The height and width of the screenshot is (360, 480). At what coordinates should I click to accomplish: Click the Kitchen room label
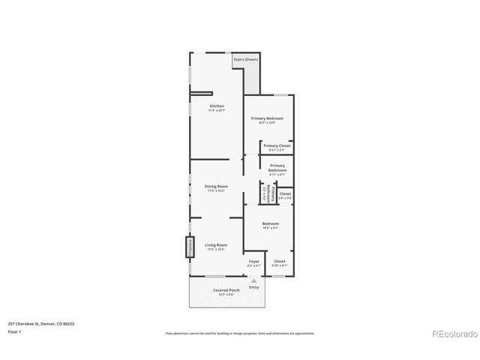[217, 106]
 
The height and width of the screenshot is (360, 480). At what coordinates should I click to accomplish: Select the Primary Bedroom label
[267, 118]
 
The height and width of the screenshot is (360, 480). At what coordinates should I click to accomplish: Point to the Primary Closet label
[276, 145]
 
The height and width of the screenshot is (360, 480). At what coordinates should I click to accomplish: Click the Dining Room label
[216, 186]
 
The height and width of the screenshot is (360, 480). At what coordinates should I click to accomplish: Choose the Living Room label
[216, 244]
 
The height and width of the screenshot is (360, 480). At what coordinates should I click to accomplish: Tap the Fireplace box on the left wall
[190, 247]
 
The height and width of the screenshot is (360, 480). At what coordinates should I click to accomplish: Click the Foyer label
[254, 261]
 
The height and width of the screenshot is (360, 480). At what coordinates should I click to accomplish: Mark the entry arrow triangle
[254, 280]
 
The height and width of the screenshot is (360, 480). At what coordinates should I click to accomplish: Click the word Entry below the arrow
[254, 287]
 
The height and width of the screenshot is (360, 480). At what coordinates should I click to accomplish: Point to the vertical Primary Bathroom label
[267, 194]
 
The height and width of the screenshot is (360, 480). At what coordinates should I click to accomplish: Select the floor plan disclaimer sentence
[240, 333]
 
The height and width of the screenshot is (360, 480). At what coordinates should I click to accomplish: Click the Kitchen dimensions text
[217, 110]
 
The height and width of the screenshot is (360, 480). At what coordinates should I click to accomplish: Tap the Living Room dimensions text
[216, 249]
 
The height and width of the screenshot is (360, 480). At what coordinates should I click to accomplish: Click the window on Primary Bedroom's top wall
[280, 94]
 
